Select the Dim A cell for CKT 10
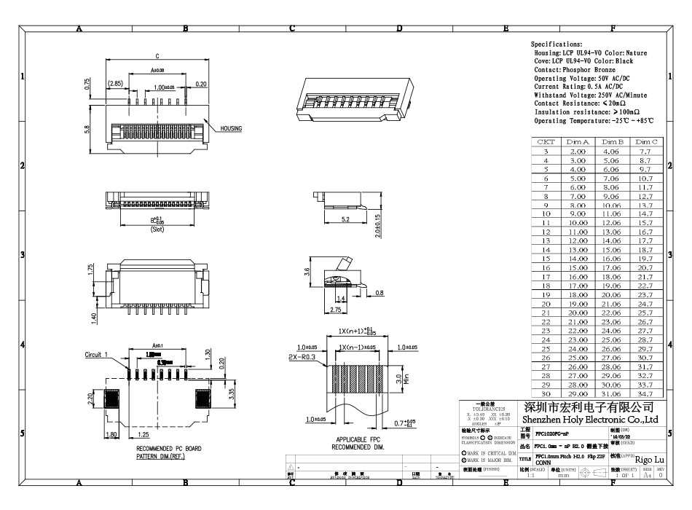coord(577,214)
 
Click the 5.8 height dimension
coord(87,129)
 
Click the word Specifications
coord(557,44)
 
